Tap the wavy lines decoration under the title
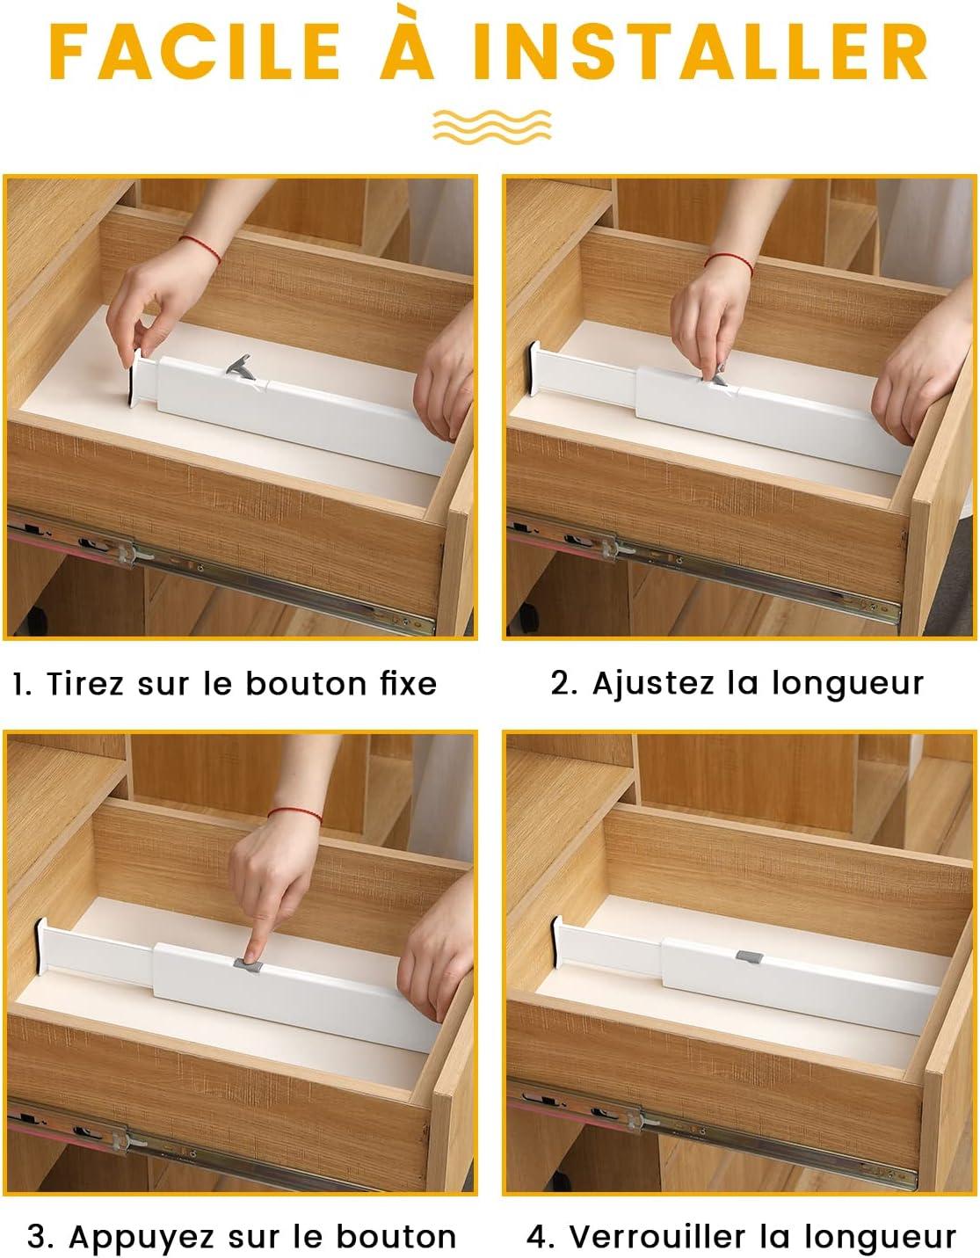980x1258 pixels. (x=491, y=126)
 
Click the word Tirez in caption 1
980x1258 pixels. (x=85, y=684)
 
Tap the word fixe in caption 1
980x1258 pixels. (x=408, y=684)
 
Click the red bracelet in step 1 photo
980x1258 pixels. (x=200, y=246)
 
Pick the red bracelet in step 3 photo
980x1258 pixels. (x=294, y=814)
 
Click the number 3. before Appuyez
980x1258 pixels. (x=40, y=1237)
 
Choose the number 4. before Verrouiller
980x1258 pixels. (x=541, y=1237)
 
